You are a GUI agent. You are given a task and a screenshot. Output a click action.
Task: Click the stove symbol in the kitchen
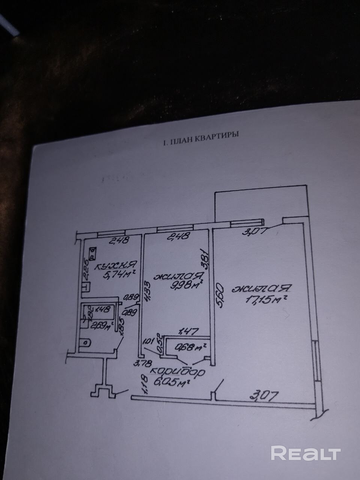[92, 254]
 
